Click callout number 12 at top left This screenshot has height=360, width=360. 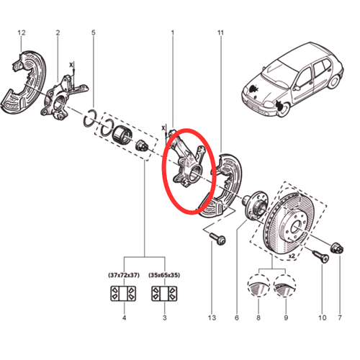(x=22, y=32)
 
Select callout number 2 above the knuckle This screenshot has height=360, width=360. (x=58, y=32)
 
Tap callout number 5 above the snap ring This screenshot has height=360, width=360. (x=94, y=32)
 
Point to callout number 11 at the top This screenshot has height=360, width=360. (x=220, y=32)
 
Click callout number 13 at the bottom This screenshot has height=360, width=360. (x=212, y=318)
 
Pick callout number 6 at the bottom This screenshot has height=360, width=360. (x=237, y=318)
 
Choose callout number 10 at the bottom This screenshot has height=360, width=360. (x=323, y=318)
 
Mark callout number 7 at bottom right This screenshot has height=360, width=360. (x=340, y=318)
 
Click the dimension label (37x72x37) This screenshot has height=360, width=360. (x=124, y=275)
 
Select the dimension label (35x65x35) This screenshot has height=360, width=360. (x=164, y=275)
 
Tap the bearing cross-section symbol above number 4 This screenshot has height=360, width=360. (x=123, y=293)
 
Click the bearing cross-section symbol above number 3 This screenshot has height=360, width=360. (x=164, y=293)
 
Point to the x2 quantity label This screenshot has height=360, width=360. (x=292, y=256)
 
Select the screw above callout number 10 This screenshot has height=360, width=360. (x=321, y=256)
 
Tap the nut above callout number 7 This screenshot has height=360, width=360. (x=337, y=248)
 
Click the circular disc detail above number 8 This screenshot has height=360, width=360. (x=258, y=286)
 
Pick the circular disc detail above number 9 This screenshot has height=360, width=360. (x=284, y=286)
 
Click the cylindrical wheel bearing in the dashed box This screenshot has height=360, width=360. (x=122, y=135)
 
